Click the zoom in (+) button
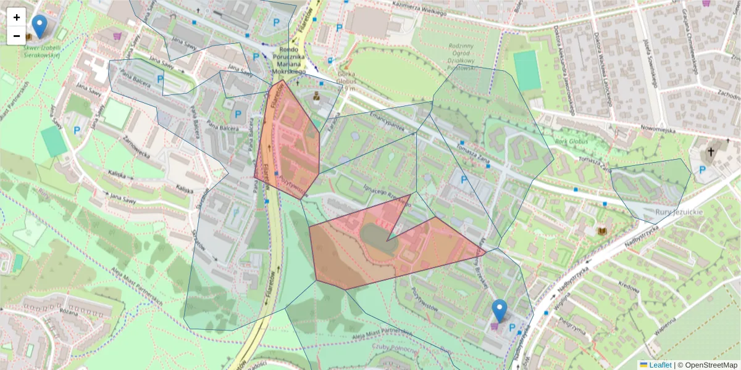pos(17,17)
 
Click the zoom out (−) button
pos(17,36)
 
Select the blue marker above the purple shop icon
pos(500,310)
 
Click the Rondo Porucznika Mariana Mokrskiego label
pos(290,61)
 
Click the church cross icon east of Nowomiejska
pos(711,152)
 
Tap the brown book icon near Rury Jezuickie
pos(602,231)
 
